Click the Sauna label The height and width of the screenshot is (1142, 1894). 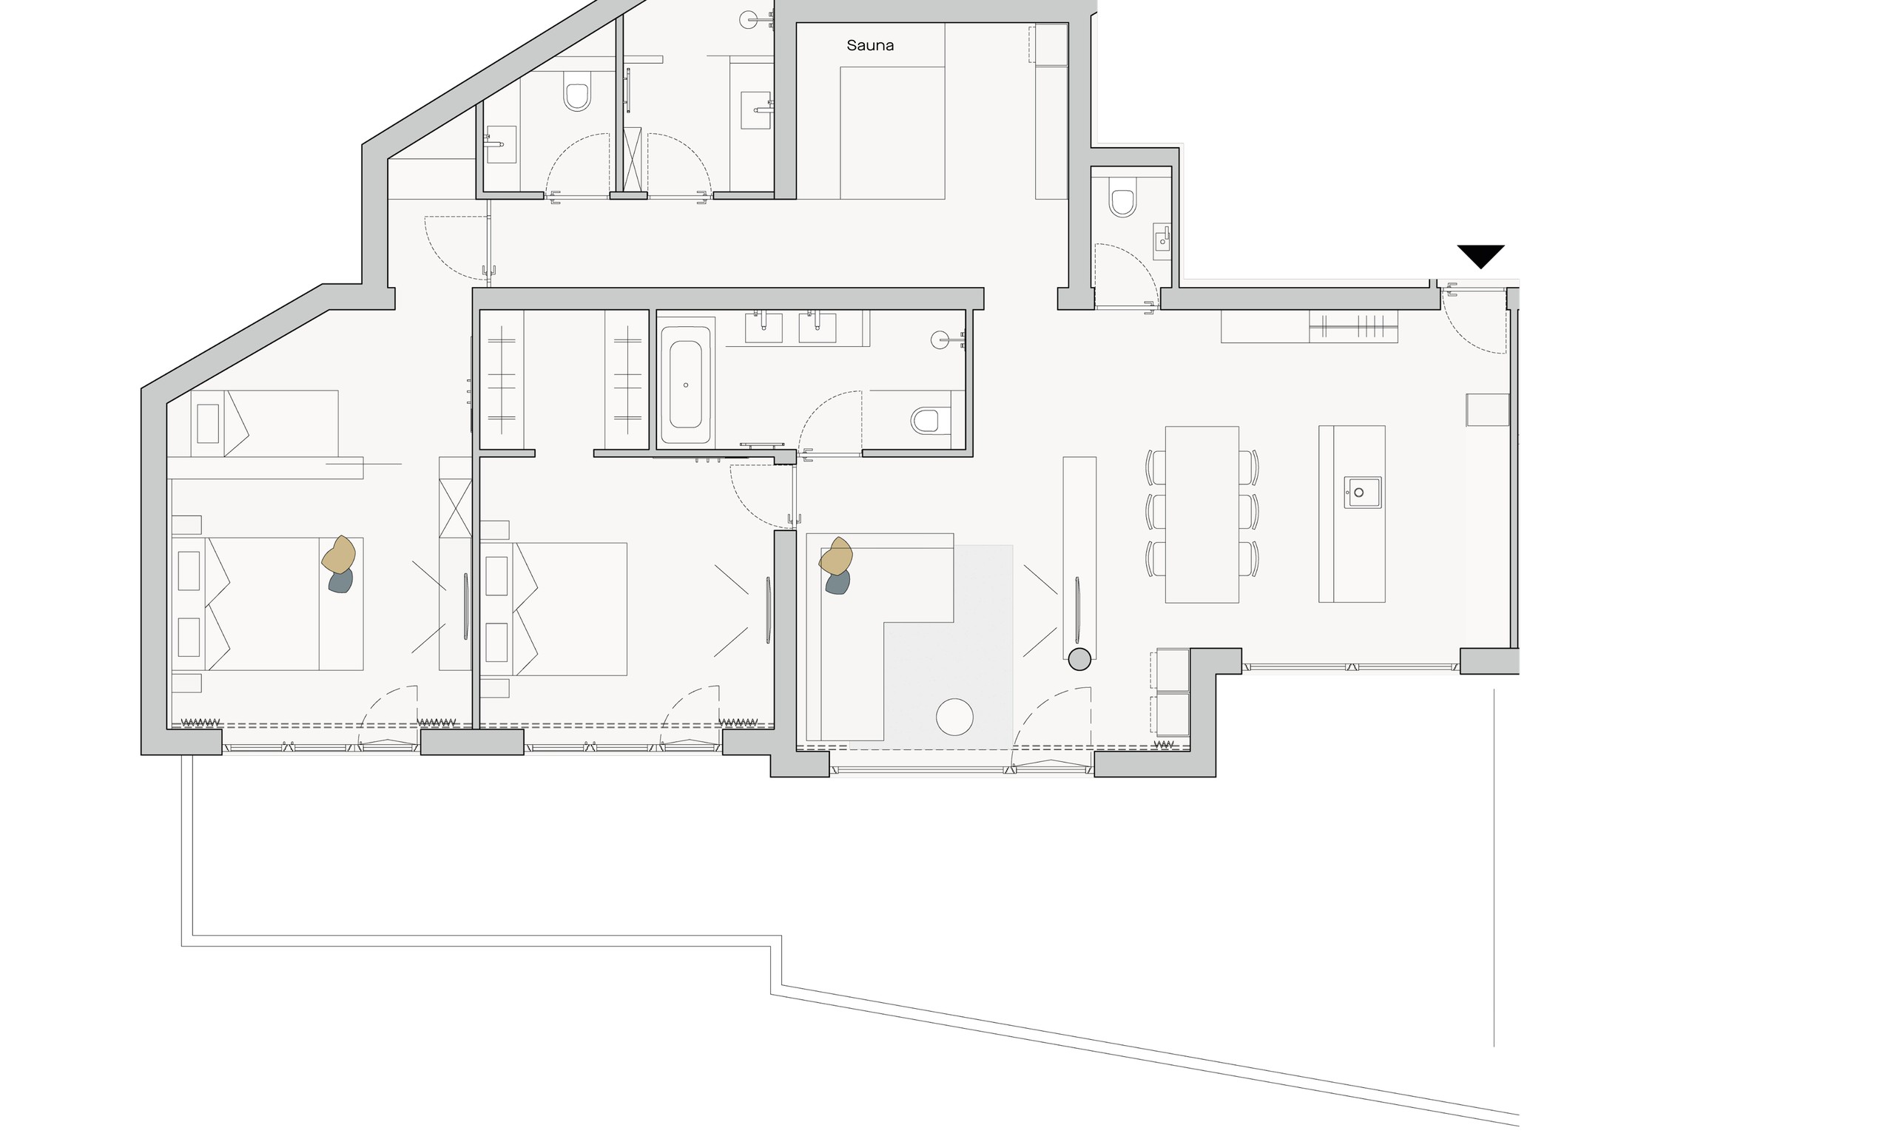[869, 45]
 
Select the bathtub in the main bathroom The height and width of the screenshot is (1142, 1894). [685, 385]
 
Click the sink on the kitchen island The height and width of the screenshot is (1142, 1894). [1362, 492]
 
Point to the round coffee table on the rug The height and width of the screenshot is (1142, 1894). [954, 717]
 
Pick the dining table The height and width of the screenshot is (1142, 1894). [1202, 514]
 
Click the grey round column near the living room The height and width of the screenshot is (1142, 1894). [1079, 659]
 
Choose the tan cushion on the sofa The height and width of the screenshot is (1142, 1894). [835, 556]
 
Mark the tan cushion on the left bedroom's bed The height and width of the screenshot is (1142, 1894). [338, 555]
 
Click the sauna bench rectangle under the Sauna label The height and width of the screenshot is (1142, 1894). [892, 133]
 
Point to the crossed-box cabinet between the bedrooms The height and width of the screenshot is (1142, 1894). [455, 508]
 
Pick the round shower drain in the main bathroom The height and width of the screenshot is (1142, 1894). [940, 339]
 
